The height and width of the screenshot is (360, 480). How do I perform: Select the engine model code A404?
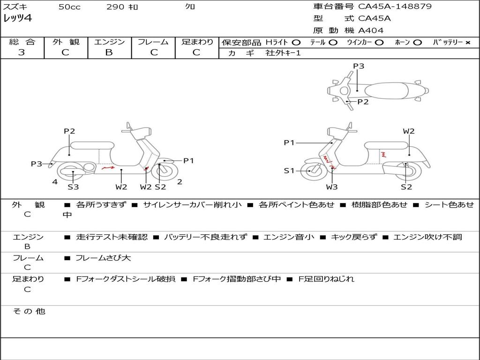pyautogui.click(x=371, y=30)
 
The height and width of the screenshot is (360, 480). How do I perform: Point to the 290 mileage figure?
pyautogui.click(x=115, y=7)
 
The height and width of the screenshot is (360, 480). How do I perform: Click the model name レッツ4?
pyautogui.click(x=18, y=18)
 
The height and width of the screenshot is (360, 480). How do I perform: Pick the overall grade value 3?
pyautogui.click(x=22, y=52)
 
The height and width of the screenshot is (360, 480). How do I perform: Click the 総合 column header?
pyautogui.click(x=22, y=42)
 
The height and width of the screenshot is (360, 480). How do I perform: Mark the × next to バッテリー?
pyautogui.click(x=467, y=42)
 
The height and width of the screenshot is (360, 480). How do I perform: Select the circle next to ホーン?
pyautogui.click(x=417, y=42)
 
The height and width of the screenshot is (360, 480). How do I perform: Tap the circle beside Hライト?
pyautogui.click(x=296, y=42)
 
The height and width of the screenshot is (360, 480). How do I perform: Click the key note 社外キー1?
pyautogui.click(x=283, y=53)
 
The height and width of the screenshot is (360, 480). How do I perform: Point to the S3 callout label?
pyautogui.click(x=73, y=187)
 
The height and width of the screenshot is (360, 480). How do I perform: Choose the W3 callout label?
pyautogui.click(x=332, y=187)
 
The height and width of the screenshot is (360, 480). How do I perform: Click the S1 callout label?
pyautogui.click(x=289, y=171)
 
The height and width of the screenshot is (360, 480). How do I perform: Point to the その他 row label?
pyautogui.click(x=29, y=311)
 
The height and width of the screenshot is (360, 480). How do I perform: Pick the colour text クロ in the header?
pyautogui.click(x=190, y=7)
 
